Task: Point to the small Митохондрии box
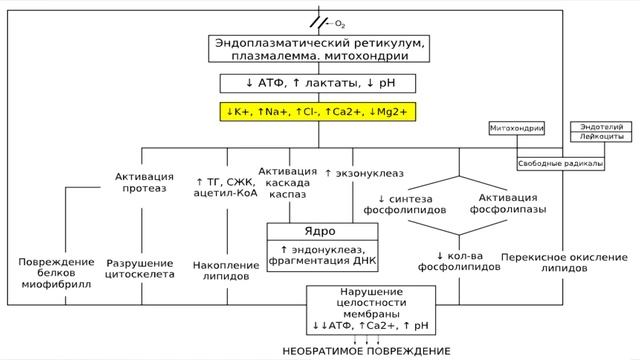pyautogui.click(x=517, y=128)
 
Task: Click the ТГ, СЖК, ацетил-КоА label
pyautogui.click(x=227, y=186)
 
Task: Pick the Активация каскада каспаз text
pyautogui.click(x=288, y=183)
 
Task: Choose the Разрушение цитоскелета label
pyautogui.click(x=140, y=269)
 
